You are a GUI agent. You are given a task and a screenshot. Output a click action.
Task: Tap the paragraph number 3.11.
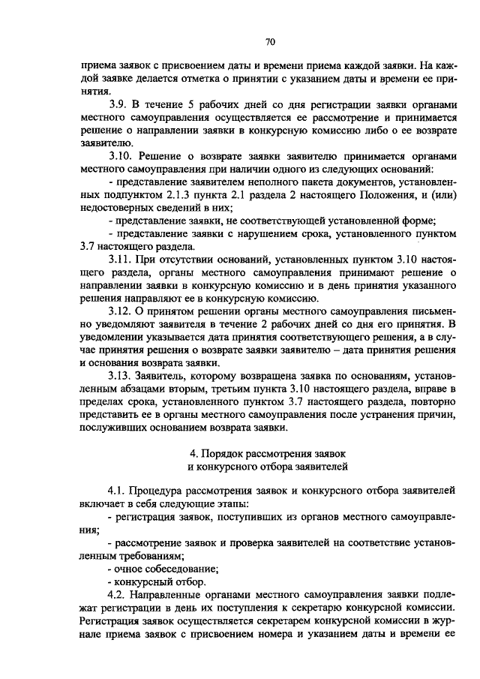[x=119, y=259]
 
